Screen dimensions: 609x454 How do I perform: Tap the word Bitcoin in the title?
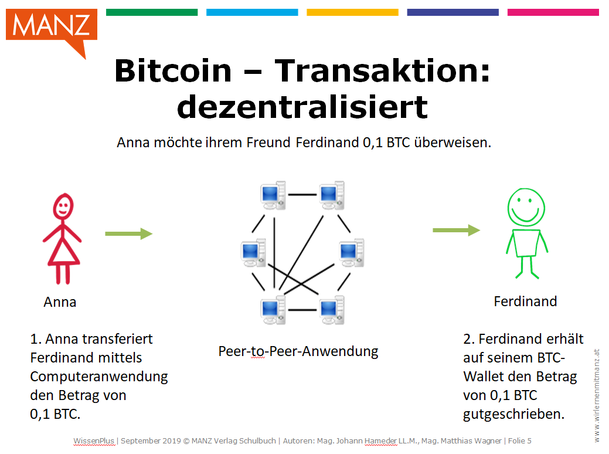click(173, 71)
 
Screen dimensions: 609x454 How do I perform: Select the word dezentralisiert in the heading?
click(302, 107)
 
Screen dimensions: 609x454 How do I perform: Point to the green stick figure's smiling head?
click(526, 208)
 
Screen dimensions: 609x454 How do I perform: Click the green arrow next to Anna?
click(128, 233)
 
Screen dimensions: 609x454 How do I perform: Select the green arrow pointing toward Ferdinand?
click(457, 230)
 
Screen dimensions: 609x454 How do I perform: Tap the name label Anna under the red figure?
click(60, 302)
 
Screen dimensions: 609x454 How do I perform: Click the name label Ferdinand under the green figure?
click(525, 301)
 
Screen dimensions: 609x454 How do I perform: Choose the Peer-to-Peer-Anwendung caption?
click(298, 351)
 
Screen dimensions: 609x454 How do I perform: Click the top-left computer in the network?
click(273, 195)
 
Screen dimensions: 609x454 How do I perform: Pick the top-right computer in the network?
click(332, 195)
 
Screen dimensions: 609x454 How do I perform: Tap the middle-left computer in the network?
click(253, 253)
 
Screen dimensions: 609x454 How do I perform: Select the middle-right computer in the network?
click(352, 253)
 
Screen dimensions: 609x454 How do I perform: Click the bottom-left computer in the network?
click(273, 310)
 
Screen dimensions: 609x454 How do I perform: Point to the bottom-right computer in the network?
click(332, 310)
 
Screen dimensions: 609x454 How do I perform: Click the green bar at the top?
click(152, 12)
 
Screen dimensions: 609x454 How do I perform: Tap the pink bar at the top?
click(553, 12)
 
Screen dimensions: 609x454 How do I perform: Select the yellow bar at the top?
click(352, 12)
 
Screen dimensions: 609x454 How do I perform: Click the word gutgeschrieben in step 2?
click(513, 414)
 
